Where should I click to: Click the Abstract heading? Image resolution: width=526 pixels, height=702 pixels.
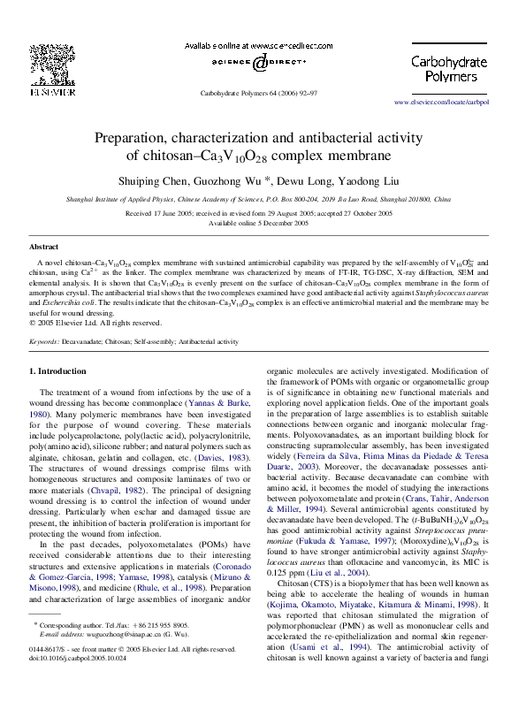(x=44, y=247)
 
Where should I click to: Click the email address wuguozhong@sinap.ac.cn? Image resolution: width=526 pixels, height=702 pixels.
(x=118, y=659)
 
